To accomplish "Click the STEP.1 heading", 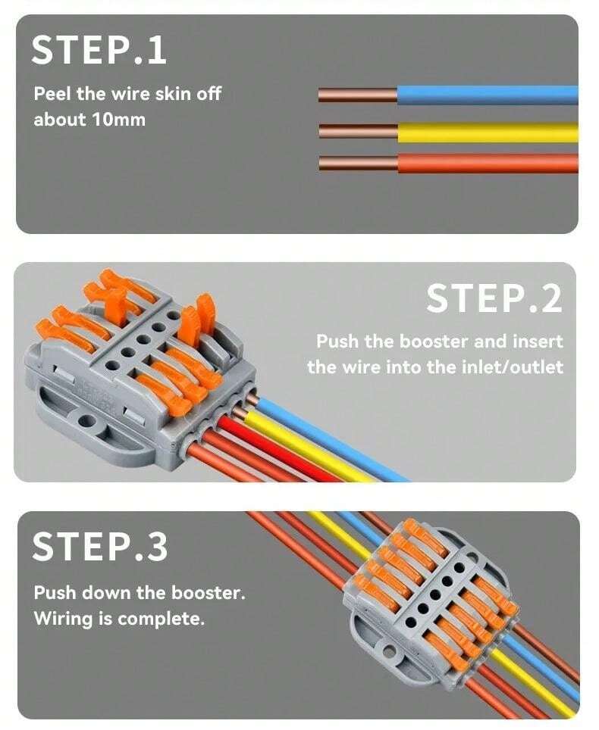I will [99, 49].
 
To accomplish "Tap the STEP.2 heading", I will [494, 298].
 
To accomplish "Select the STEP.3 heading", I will [99, 547].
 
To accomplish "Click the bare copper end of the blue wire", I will [357, 95].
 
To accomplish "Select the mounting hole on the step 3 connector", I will [389, 650].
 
